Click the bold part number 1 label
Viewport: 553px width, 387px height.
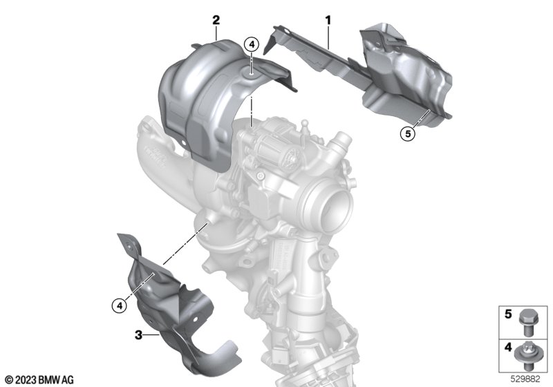coord(328,21)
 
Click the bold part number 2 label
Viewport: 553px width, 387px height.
coord(216,20)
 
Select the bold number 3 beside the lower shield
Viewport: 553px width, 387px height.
coord(139,335)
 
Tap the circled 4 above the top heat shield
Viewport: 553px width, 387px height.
coord(252,45)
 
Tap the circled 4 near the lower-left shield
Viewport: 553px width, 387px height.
coord(120,305)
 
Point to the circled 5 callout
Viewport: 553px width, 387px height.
coord(408,134)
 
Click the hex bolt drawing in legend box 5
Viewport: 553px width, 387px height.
coord(525,321)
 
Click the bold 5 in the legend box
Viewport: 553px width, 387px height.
coord(508,314)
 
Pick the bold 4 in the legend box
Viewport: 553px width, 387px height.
coord(508,347)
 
